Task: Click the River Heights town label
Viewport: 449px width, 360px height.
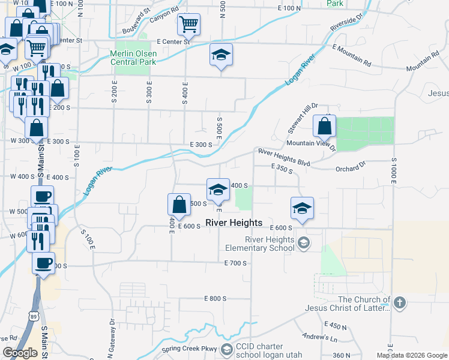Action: coord(234,223)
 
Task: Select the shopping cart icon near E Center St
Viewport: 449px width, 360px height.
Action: coord(188,25)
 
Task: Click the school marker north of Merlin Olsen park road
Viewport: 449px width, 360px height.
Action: coord(221,55)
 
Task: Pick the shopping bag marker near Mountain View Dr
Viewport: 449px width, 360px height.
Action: coord(324,127)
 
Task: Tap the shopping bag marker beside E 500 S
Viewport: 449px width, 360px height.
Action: coord(179,205)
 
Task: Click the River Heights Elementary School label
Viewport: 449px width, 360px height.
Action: coord(260,244)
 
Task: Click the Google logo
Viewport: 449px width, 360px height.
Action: coord(20,352)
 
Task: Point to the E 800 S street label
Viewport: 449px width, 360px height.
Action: coord(215,298)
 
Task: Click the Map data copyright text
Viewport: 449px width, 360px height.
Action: coord(411,355)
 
